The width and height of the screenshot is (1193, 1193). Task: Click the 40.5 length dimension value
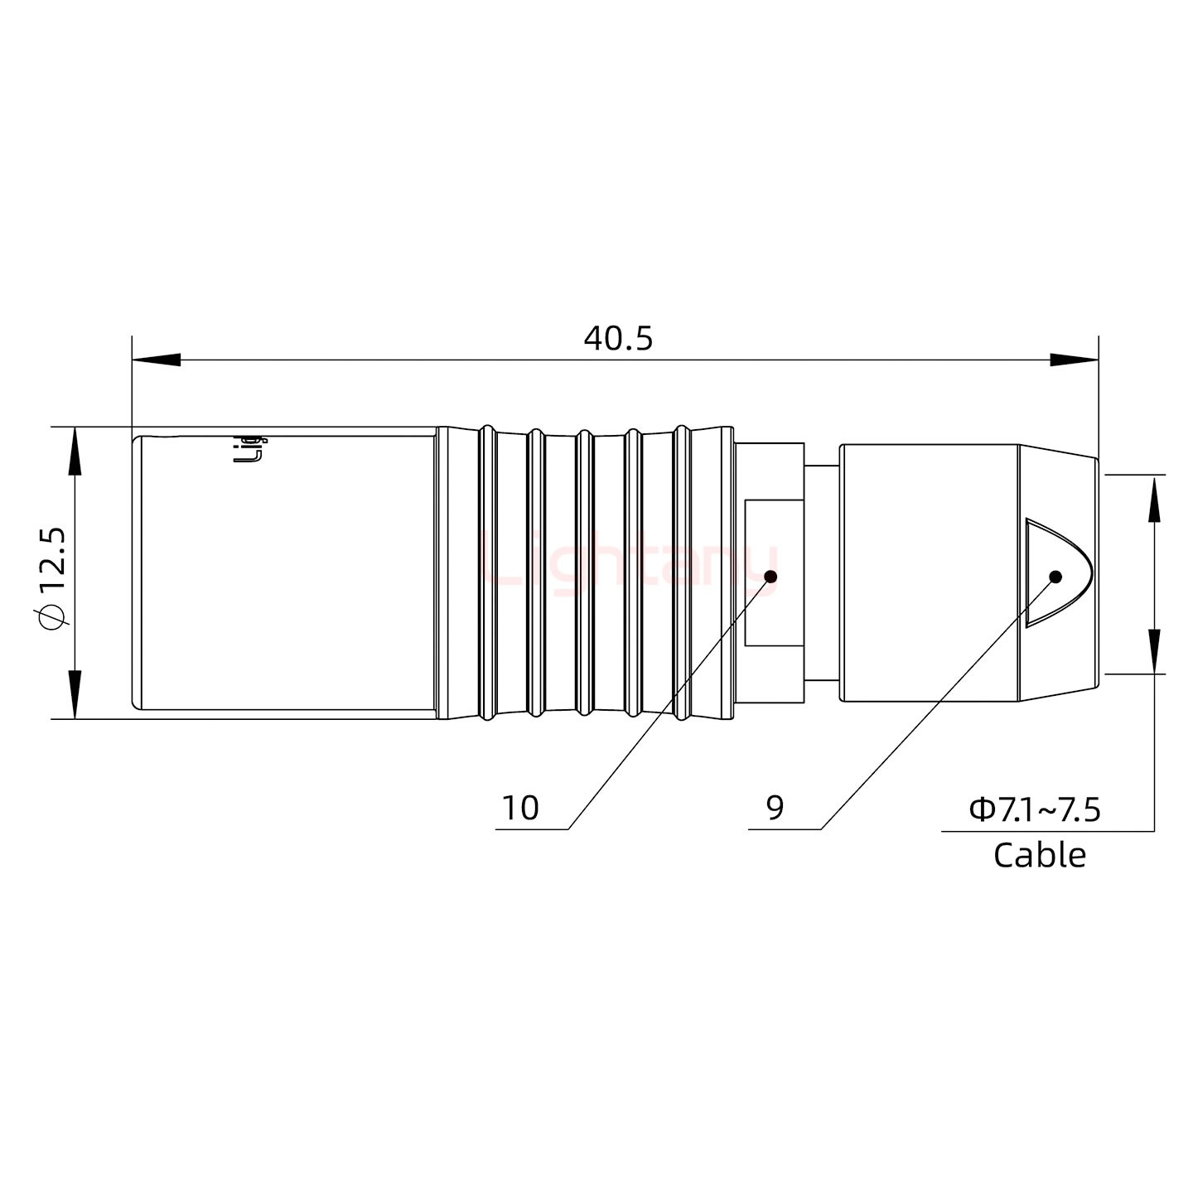[618, 339]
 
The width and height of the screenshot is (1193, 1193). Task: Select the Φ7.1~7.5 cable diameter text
[1035, 809]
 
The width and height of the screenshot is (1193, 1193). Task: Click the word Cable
[1039, 855]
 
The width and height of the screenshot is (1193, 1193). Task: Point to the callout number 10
[520, 808]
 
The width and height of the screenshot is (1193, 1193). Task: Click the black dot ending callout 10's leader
[770, 577]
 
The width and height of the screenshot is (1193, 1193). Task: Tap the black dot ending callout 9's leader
[1055, 577]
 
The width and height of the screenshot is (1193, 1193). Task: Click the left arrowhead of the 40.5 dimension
[157, 360]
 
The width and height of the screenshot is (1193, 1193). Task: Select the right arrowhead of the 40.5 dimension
[1074, 360]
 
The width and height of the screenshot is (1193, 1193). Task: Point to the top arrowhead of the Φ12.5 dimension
[75, 452]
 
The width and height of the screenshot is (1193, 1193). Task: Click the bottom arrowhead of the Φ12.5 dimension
[75, 694]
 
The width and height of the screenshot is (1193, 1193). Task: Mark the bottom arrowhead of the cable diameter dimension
[1153, 651]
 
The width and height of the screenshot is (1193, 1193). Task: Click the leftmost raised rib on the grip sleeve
[488, 572]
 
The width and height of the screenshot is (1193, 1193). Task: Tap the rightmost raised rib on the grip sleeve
[681, 572]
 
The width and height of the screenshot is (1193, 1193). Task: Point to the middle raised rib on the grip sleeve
[584, 572]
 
